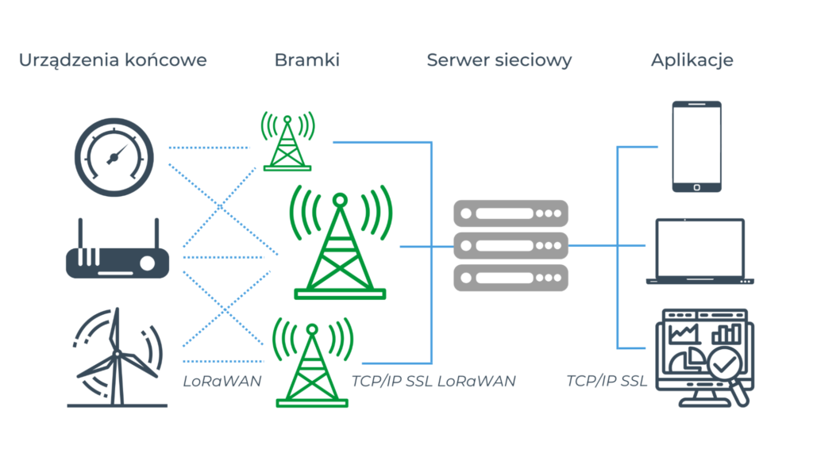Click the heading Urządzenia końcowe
tap(113, 60)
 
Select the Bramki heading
tap(306, 60)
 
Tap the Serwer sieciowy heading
tap(499, 60)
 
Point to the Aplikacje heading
tap(692, 60)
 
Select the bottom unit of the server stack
tap(511, 277)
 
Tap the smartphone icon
tap(696, 147)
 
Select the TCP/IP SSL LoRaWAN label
tap(433, 382)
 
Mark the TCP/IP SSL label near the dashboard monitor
tap(607, 382)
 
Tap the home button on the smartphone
tap(696, 186)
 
